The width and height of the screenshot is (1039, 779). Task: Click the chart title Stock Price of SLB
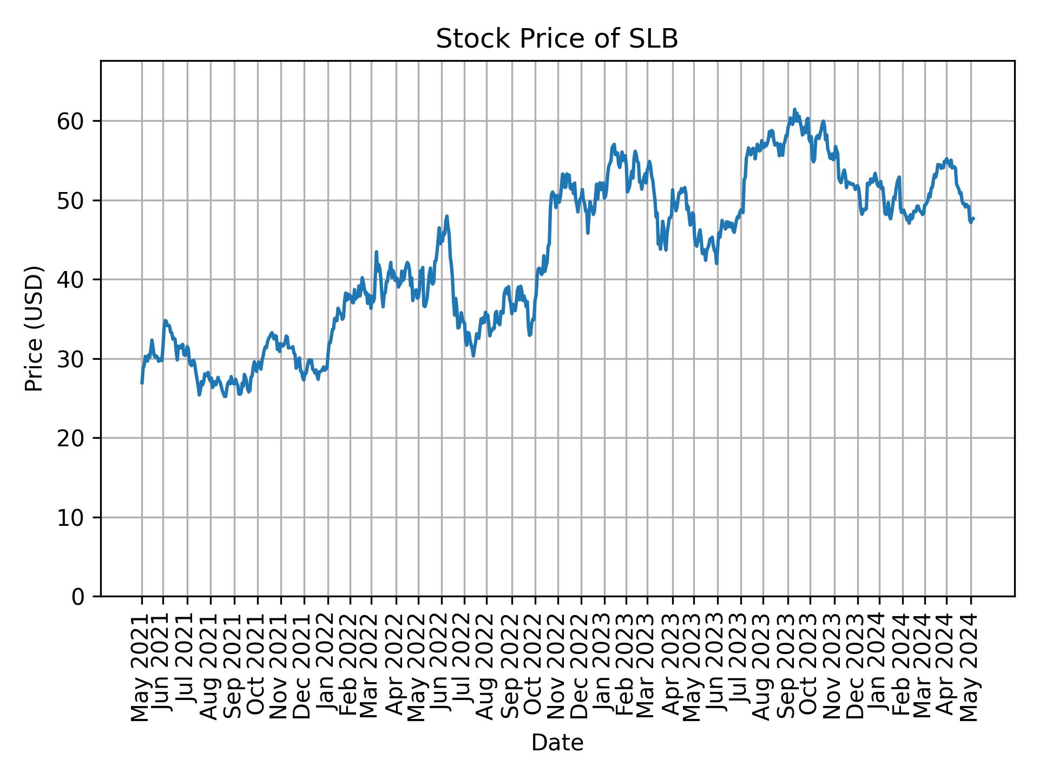pos(557,39)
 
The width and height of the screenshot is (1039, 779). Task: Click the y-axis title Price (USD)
pos(34,328)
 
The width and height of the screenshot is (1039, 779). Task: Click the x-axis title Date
pos(557,743)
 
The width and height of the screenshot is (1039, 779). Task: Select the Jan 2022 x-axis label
pos(327,667)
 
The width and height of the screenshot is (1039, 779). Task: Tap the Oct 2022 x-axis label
pos(535,667)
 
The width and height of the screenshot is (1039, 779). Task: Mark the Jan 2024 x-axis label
pos(879,667)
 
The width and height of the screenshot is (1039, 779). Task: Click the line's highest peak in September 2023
pos(794,109)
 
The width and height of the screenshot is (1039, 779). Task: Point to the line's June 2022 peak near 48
pos(446,216)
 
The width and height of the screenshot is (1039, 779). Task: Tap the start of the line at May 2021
pos(142,383)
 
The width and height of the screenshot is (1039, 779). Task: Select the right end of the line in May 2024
pos(974,218)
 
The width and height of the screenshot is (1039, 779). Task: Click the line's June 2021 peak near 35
pos(165,320)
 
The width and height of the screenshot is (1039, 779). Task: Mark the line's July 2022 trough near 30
pos(473,355)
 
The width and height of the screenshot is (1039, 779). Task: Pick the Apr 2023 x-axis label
pos(673,667)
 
